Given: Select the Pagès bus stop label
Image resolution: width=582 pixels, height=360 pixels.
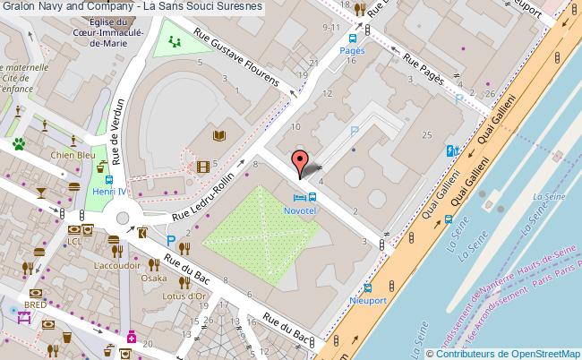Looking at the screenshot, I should click(352, 51).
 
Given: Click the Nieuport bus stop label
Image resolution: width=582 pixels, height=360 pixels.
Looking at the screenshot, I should click(368, 300).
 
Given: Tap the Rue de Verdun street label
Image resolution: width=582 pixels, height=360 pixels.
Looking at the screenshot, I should click(115, 126).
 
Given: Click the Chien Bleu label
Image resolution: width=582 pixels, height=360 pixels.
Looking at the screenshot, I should click(74, 155).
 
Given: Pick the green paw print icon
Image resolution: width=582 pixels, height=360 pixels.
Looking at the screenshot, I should click(18, 142).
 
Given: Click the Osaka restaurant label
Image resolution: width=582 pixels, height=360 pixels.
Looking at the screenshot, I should click(154, 279).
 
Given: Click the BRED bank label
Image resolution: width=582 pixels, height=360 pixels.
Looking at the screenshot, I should click(35, 305).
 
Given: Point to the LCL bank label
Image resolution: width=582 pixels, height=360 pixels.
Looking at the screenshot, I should click(76, 242).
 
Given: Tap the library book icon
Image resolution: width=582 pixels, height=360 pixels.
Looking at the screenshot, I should click(219, 136).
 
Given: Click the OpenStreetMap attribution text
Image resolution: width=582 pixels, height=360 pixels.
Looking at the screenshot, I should click(507, 353).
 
